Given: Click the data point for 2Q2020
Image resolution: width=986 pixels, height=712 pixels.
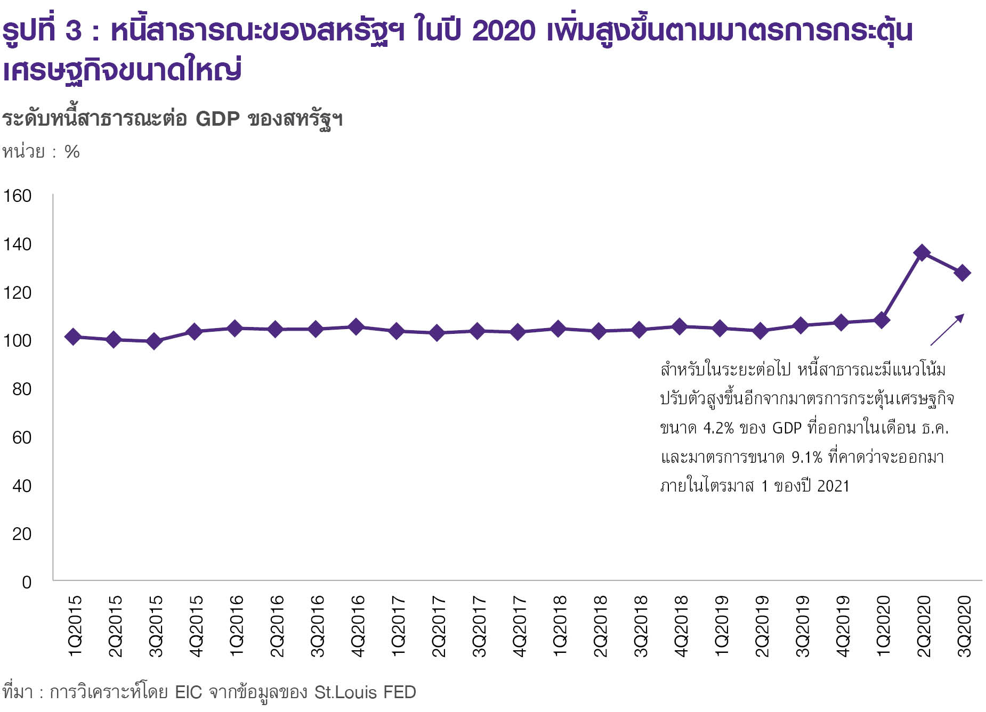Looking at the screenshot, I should click(922, 253).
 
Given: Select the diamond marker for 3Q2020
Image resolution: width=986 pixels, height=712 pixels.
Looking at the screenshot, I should click(963, 273).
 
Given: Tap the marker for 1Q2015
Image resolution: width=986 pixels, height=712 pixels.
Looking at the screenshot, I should click(73, 337).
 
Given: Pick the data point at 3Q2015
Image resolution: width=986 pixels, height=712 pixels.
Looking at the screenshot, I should click(154, 341).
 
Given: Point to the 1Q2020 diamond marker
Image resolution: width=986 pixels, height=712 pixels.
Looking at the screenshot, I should click(882, 321).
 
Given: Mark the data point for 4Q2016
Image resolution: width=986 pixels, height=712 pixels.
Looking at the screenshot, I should click(356, 327).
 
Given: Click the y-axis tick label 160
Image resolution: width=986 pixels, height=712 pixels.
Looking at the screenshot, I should click(18, 196).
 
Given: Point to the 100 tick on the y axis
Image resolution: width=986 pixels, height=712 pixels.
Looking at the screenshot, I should click(18, 341).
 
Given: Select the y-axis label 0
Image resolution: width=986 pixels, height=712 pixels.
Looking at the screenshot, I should click(27, 582).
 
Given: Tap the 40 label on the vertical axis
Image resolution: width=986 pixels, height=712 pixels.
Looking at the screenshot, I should click(22, 486).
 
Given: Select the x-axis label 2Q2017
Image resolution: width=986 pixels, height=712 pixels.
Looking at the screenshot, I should click(438, 626).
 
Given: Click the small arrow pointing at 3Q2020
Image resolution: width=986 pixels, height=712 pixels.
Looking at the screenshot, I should click(947, 330).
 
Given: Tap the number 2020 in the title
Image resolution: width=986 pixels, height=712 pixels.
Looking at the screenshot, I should click(504, 31).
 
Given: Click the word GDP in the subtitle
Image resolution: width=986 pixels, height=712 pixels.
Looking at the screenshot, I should click(217, 118).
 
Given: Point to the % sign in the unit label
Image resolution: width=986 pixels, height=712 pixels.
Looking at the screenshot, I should click(72, 152).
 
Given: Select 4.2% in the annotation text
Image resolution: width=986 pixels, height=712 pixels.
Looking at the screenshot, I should click(718, 428).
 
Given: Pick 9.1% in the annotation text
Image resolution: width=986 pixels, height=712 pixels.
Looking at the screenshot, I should click(807, 457).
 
